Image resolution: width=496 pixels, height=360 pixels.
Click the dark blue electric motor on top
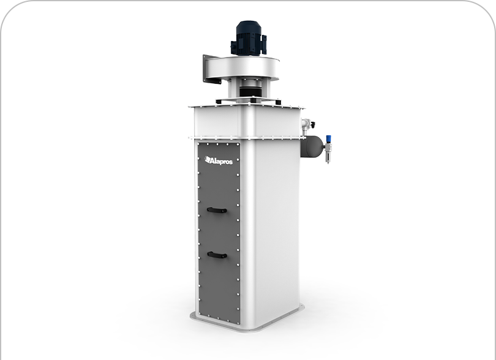pos(249,38)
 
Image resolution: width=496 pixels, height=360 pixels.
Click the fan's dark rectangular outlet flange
pos(211,69)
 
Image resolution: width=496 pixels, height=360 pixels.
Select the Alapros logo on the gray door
pos(219,160)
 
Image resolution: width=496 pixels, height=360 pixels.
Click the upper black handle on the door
pos(217,211)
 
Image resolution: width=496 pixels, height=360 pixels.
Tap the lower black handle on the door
pos(217,255)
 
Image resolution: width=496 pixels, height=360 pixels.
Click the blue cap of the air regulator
pos(328,138)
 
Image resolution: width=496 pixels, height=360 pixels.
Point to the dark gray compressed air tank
pos(312,146)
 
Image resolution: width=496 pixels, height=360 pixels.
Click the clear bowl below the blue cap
pos(328,157)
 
